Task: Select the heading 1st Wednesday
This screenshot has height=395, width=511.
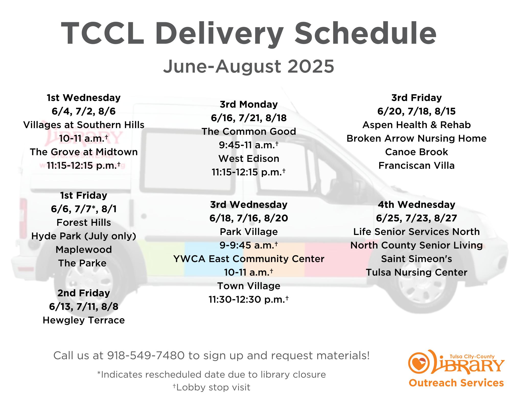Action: (84, 98)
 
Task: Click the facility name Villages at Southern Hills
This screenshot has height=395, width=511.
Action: (84, 125)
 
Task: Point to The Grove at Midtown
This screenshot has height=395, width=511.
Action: (84, 152)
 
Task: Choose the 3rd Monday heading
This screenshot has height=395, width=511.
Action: (249, 104)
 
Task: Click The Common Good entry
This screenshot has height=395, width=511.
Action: (249, 131)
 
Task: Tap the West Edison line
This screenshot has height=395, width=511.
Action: (249, 159)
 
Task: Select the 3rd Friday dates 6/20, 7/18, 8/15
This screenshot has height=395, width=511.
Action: (416, 111)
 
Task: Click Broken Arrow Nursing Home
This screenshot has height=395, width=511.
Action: (416, 138)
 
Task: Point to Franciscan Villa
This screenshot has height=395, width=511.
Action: (416, 165)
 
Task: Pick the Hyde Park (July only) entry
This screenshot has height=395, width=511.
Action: (84, 236)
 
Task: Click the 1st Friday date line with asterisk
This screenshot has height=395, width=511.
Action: (84, 209)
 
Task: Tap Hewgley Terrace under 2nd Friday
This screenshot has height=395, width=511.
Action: (84, 320)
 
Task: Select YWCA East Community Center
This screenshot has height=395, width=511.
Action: (249, 259)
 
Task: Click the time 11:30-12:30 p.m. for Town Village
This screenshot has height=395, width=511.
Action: (249, 299)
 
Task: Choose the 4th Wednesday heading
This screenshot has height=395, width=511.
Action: (416, 205)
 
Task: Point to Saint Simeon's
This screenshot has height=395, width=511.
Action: (416, 259)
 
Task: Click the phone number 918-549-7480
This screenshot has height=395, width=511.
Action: (146, 355)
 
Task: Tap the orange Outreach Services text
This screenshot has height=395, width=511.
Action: (456, 383)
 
